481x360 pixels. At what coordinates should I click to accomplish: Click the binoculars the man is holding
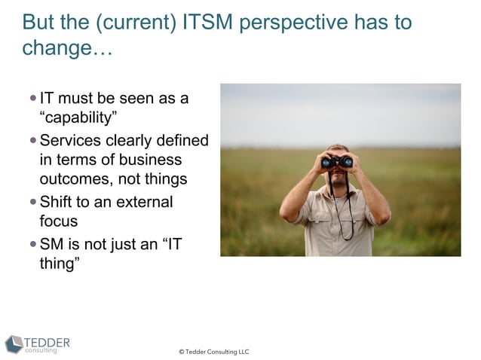coord(337,161)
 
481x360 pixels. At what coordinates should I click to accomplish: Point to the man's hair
coord(338,148)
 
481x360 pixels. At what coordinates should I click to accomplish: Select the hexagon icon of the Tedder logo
coord(14,344)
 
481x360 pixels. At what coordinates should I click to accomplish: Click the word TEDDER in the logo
coord(47,342)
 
